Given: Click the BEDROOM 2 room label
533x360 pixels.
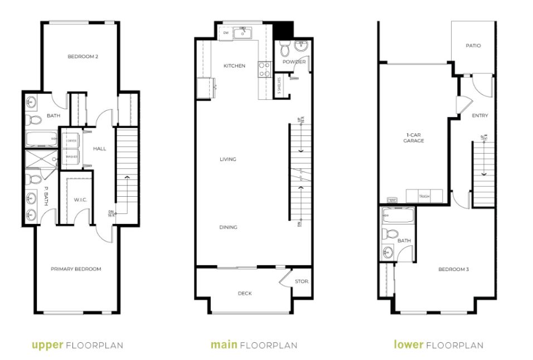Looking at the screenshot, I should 79,56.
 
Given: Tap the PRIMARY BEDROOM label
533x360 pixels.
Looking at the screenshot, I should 76,269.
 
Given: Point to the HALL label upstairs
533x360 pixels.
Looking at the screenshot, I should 100,149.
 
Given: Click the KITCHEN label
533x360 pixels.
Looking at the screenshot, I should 234,66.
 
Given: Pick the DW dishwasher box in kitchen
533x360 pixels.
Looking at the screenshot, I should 226,33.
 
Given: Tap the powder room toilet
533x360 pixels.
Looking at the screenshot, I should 285,51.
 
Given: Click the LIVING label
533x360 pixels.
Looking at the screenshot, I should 227,159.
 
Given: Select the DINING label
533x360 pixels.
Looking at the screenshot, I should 228,227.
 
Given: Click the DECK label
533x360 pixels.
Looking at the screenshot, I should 245,293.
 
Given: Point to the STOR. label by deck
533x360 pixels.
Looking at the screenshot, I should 302,281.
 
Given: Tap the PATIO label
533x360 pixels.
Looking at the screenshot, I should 473,46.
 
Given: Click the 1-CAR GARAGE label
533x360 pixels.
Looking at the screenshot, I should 414,138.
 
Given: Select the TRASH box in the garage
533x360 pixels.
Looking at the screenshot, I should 424,196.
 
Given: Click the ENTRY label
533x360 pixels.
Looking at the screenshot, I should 479,116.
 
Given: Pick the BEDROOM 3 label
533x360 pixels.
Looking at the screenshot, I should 453,269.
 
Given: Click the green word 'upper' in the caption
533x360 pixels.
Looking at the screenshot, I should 48,345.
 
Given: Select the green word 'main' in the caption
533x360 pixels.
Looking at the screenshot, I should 223,345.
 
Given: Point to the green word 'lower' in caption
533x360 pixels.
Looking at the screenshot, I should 408,345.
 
